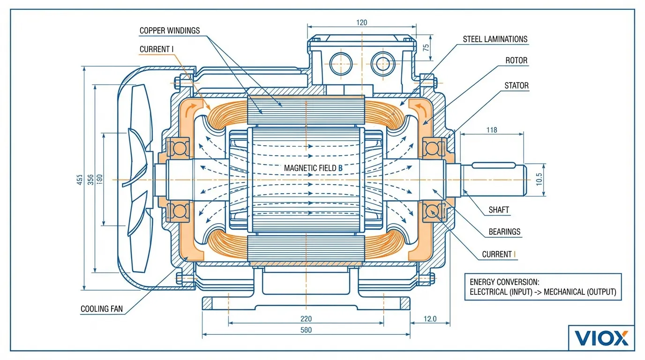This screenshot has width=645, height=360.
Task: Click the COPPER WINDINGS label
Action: tap(169, 30)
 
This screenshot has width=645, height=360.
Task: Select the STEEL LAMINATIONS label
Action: tap(495, 39)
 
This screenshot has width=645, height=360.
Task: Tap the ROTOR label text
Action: tap(516, 60)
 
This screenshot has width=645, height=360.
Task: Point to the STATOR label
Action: tap(516, 86)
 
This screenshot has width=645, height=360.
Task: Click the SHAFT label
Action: tap(499, 210)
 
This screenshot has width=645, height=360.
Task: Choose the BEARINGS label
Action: tap(504, 232)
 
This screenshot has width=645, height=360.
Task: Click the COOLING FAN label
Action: tap(102, 309)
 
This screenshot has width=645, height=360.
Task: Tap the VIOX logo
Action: tap(601, 337)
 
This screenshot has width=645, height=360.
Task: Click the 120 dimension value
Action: tap(361, 22)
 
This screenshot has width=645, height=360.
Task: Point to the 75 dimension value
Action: tap(426, 47)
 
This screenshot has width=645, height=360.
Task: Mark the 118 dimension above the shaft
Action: tap(491, 130)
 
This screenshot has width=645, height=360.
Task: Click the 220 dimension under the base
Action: tap(306, 319)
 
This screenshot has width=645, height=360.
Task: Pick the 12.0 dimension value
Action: tap(430, 319)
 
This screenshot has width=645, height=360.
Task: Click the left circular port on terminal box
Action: tap(341, 64)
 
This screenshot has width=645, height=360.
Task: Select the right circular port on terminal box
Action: tap(383, 64)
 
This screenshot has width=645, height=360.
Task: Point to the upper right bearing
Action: tap(431, 148)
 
